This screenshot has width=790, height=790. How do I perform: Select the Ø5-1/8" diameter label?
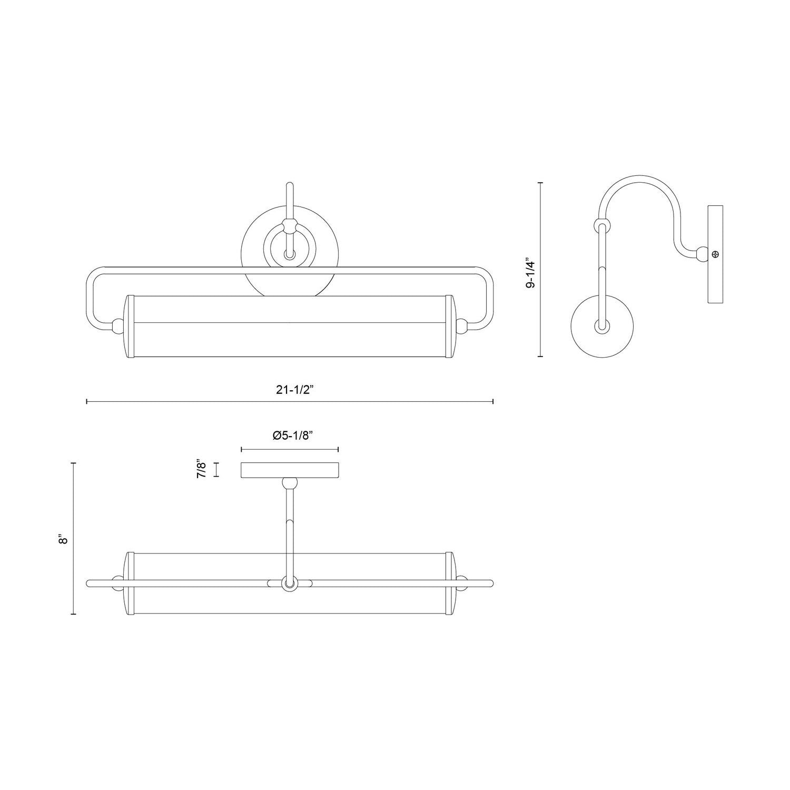pyautogui.click(x=290, y=436)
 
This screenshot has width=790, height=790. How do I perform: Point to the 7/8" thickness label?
pyautogui.click(x=201, y=469)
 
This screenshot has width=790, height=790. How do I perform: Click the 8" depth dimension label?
pyautogui.click(x=64, y=540)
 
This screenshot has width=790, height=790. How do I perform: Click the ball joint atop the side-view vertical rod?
pyautogui.click(x=601, y=226)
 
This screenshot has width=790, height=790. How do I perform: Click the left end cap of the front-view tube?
pyautogui.click(x=127, y=327)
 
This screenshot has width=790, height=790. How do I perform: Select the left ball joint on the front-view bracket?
pyautogui.click(x=117, y=326)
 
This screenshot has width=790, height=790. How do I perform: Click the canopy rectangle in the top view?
pyautogui.click(x=289, y=470)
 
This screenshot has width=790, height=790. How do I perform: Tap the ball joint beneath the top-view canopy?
pyautogui.click(x=289, y=482)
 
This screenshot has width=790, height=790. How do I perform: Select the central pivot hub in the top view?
pyautogui.click(x=289, y=583)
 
